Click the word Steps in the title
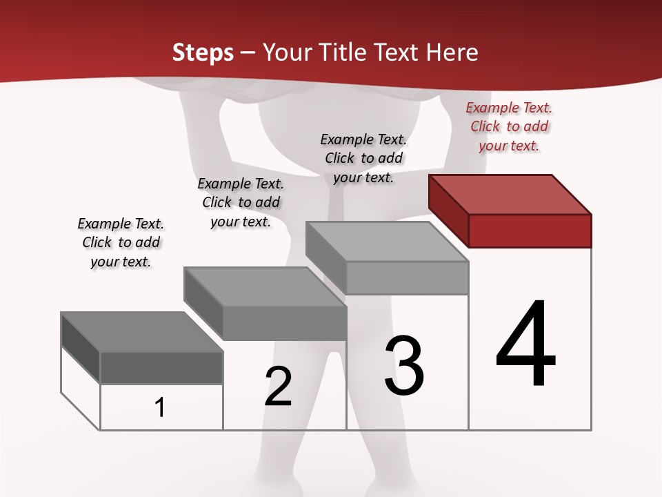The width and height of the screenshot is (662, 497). click(x=203, y=52)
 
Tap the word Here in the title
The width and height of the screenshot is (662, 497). click(x=452, y=52)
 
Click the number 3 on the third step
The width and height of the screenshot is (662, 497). click(x=404, y=366)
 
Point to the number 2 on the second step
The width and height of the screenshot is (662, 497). click(x=279, y=387)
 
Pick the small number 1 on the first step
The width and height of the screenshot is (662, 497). click(x=160, y=408)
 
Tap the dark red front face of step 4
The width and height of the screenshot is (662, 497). click(x=530, y=231)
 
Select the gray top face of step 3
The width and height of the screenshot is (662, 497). click(x=387, y=242)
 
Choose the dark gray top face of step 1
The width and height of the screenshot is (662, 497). click(x=142, y=331)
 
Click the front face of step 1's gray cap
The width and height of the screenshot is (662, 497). click(x=161, y=367)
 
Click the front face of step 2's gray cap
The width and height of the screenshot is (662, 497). click(x=284, y=322)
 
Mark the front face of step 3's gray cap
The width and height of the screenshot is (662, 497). click(x=407, y=277)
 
